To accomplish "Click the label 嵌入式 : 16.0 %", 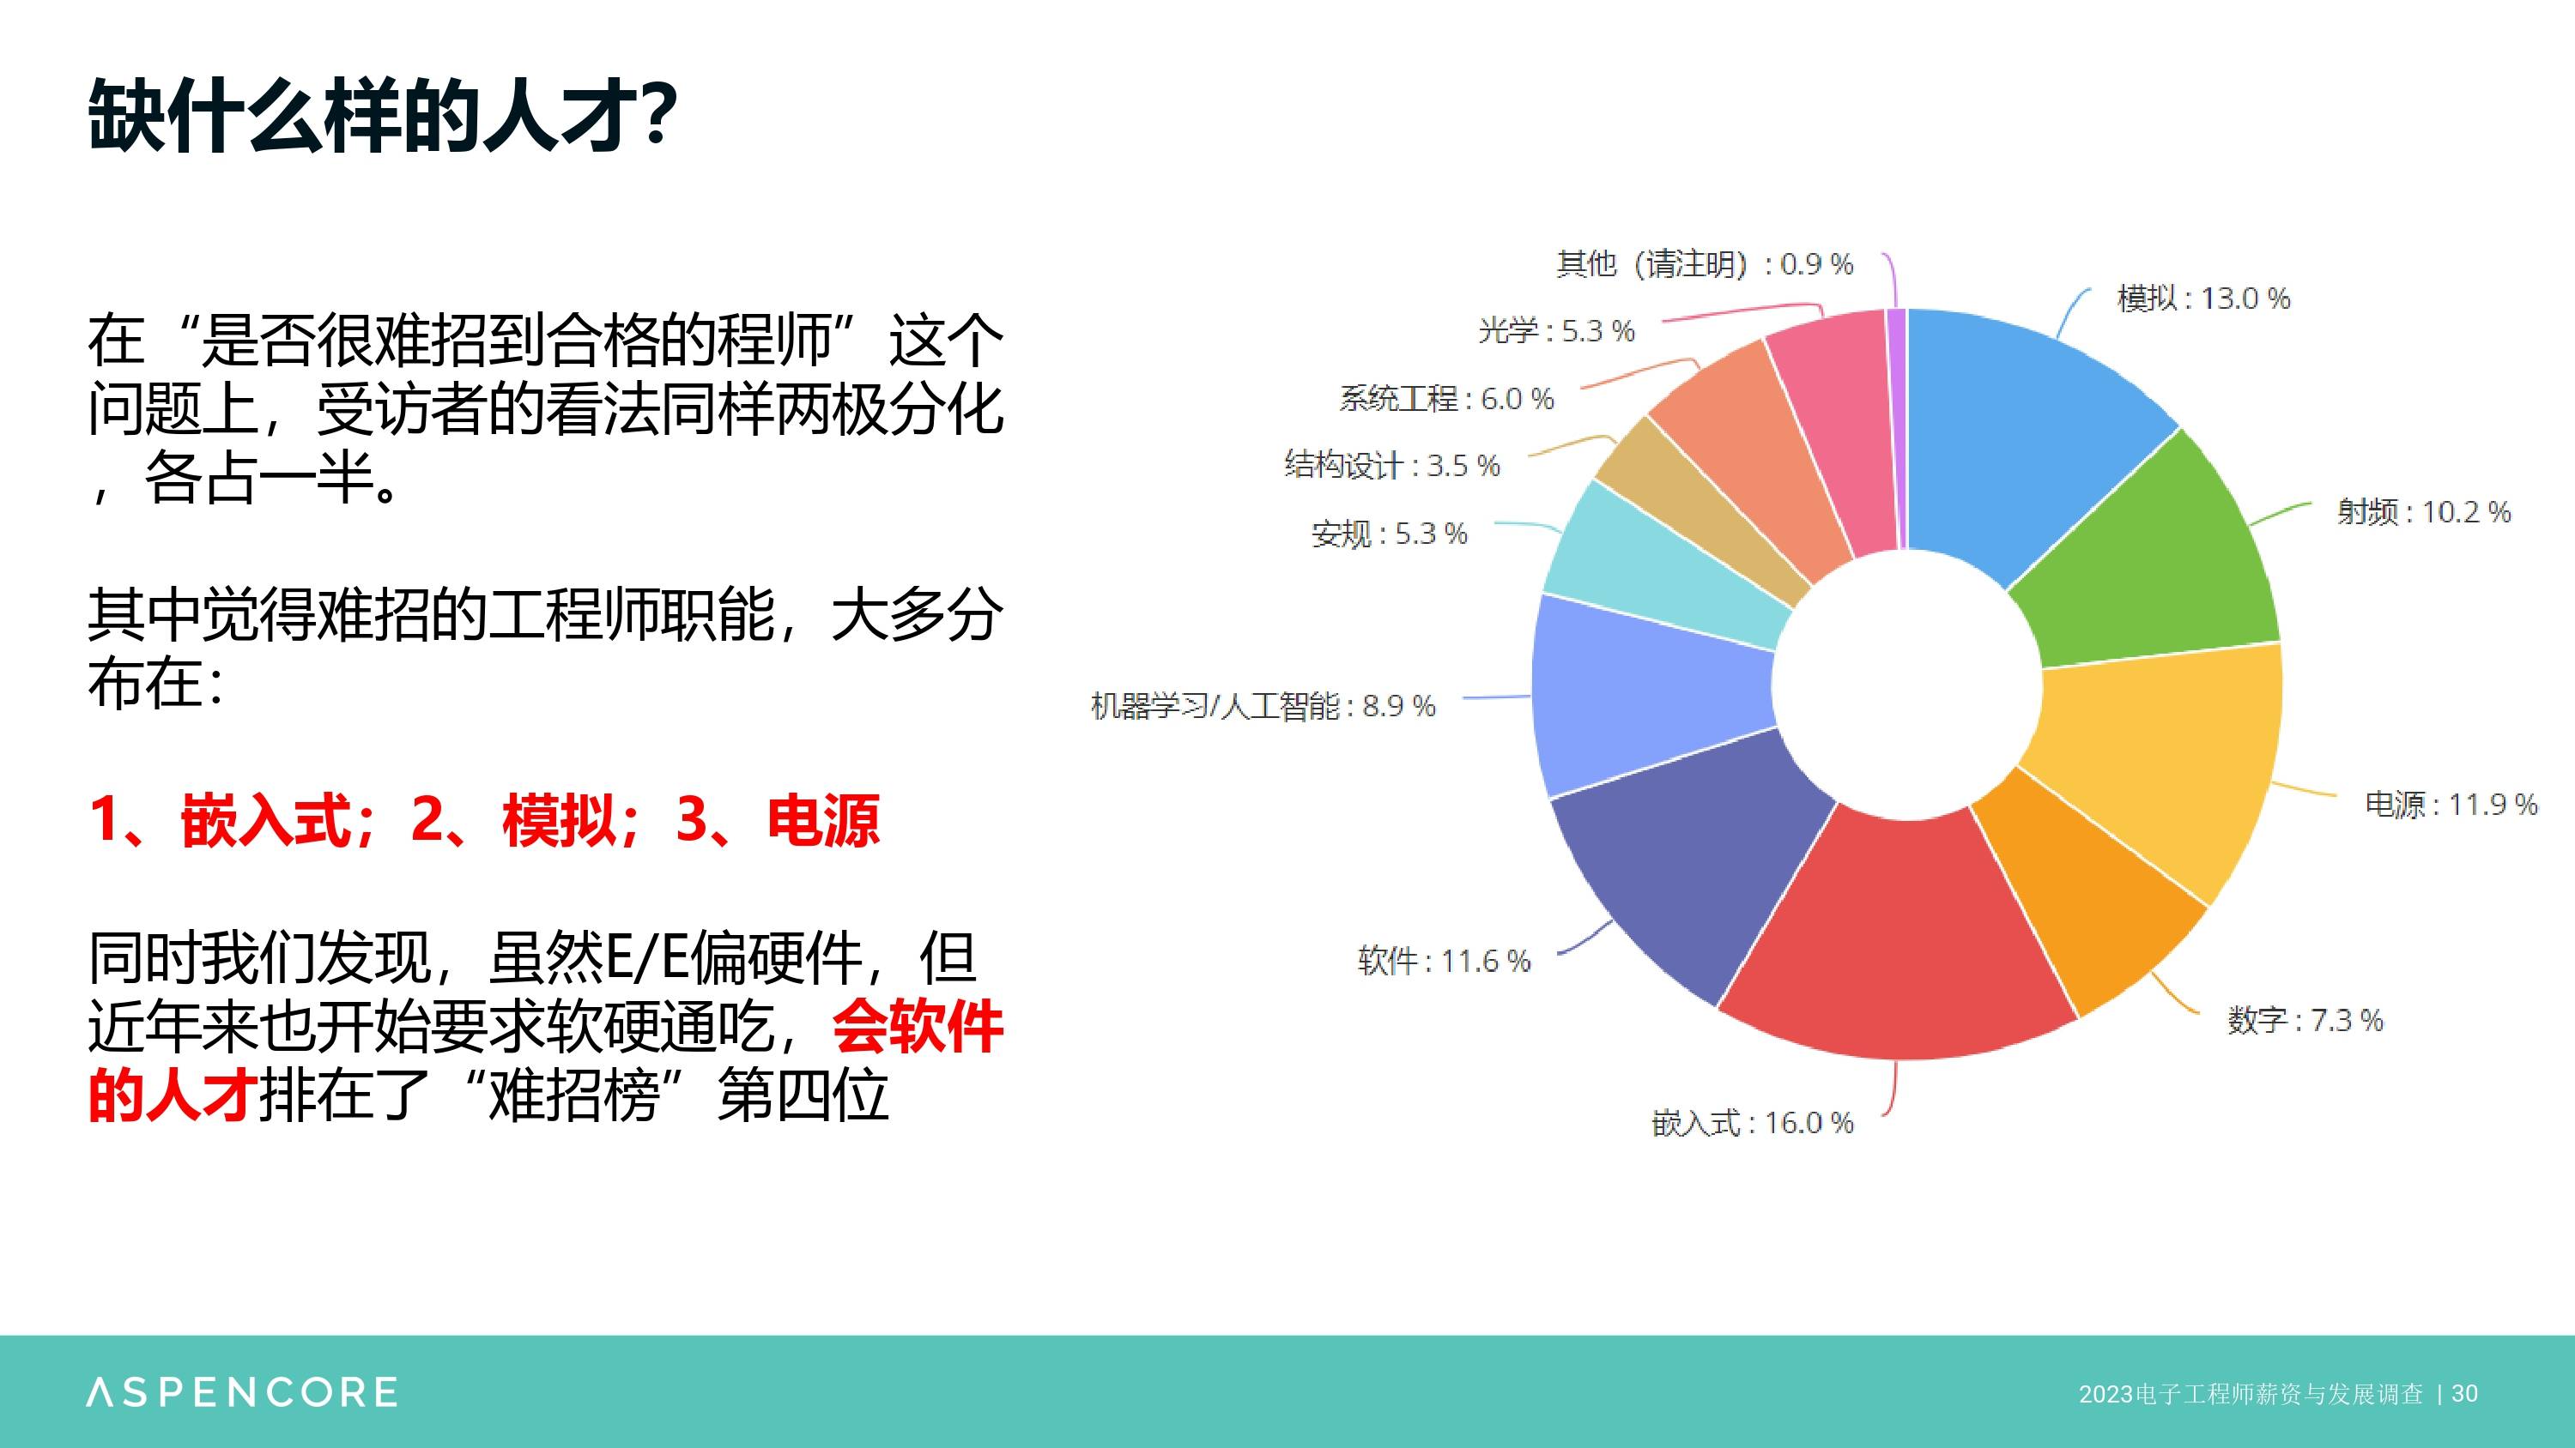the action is click(x=1753, y=1123).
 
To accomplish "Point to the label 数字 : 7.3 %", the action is click(x=2305, y=1020).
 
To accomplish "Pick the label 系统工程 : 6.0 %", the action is click(x=1446, y=399).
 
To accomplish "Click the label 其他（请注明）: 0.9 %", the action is click(x=1705, y=264).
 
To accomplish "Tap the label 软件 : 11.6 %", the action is click(x=1444, y=962).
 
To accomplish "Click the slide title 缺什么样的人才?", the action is click(x=383, y=116).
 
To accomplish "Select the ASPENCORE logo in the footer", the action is click(x=242, y=1392).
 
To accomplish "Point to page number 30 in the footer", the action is click(x=2465, y=1393).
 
